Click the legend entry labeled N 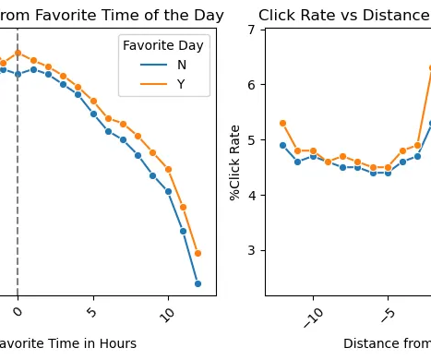click(181, 66)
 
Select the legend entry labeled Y click(181, 84)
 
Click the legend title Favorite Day click(163, 46)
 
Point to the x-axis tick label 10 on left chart click(167, 314)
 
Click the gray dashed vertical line click(18, 185)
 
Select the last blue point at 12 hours click(198, 283)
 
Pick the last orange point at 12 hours click(198, 253)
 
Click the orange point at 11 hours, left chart click(183, 207)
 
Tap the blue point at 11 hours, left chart click(183, 231)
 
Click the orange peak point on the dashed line click(18, 53)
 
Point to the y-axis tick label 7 click(251, 30)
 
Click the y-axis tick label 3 click(251, 250)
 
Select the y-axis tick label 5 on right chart click(251, 140)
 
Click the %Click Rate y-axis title click(235, 162)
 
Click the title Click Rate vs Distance click(343, 16)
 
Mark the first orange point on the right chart click(282, 123)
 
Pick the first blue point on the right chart click(282, 145)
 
